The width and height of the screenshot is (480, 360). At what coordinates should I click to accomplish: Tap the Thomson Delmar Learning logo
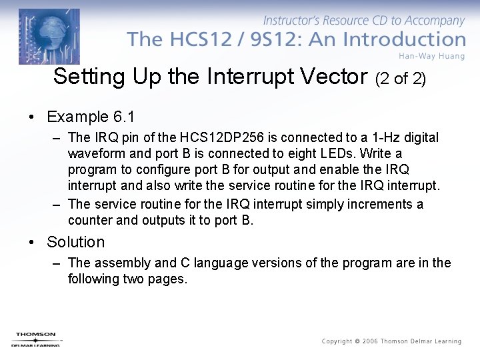click(36, 339)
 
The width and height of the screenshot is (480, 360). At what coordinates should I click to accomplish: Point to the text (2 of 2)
click(401, 79)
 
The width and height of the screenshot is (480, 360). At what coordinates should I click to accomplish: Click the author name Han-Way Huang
click(431, 56)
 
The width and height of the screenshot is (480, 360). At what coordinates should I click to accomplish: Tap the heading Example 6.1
click(91, 117)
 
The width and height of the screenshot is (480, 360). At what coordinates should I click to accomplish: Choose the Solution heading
click(76, 242)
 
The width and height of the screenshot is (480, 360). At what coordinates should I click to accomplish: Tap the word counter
click(90, 220)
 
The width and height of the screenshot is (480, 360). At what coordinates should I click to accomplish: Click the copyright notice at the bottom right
click(391, 341)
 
